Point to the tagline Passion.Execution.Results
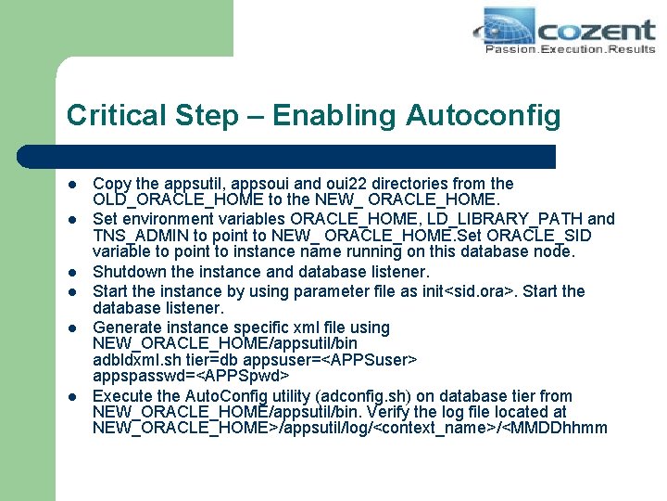tap(570, 49)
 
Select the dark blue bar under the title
tap(310, 156)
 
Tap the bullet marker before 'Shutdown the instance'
tap(71, 272)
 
